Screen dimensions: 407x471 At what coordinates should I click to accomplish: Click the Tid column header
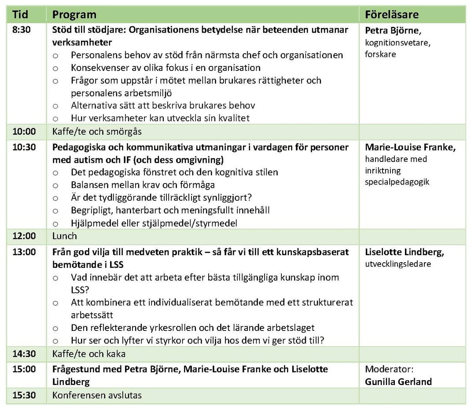coord(20,15)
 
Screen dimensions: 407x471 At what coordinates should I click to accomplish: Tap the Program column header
coord(74,15)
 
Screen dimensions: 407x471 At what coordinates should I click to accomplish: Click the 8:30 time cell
coord(22,30)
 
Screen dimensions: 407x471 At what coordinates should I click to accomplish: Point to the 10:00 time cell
coord(24,131)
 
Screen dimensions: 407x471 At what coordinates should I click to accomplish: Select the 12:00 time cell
coord(24,236)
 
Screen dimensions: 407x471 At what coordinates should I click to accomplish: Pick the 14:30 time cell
coord(24,354)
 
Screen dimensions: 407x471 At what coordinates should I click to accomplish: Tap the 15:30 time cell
coord(24,395)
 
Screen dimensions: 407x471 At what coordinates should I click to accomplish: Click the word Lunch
coord(64,236)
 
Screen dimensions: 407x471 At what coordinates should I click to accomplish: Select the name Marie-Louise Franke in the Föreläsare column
coord(410,147)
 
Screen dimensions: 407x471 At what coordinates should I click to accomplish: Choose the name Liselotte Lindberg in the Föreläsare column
coord(404,252)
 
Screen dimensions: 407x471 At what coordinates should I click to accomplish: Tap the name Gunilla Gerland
coord(398,381)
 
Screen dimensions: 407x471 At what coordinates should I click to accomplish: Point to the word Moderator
coord(389,369)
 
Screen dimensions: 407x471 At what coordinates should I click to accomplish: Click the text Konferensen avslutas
coord(97,395)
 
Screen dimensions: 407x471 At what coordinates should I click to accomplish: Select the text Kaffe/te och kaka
coord(89,354)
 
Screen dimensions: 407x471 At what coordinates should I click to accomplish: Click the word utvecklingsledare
coord(397,264)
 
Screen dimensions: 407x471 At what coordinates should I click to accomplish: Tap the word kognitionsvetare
coord(397,43)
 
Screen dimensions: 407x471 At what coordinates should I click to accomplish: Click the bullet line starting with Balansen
coord(143,185)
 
